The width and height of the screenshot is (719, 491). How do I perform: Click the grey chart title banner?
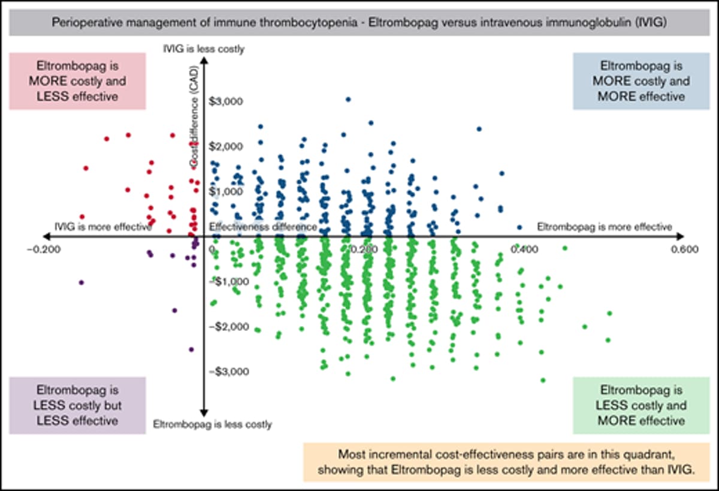pos(359,23)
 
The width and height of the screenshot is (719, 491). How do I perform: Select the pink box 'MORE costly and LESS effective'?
pos(77,81)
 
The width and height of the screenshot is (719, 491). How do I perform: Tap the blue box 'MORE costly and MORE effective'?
pos(641,81)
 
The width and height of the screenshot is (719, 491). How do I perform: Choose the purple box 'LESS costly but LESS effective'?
pos(77,405)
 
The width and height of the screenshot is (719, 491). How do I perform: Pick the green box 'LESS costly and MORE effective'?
pos(641,405)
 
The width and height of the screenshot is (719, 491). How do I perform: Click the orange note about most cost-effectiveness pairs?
pos(507,462)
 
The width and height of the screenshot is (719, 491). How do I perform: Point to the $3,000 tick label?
pos(226,101)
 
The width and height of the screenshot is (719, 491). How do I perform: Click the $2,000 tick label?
pos(226,146)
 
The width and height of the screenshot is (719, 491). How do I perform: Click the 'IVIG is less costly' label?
pos(204,50)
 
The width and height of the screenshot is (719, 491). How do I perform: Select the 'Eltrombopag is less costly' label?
pos(212,424)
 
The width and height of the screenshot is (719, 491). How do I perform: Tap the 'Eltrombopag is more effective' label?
pos(604,227)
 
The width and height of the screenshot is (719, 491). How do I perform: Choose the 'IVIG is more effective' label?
pos(102,227)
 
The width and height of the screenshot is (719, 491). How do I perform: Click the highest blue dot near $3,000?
pos(348,100)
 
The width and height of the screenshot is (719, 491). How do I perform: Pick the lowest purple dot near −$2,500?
pos(191,350)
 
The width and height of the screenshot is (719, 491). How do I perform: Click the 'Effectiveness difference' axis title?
pos(263,227)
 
